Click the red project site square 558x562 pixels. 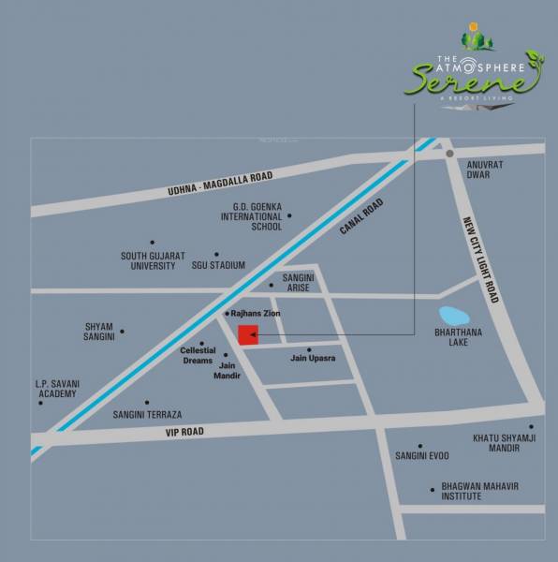pyautogui.click(x=248, y=335)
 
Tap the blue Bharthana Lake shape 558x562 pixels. pyautogui.click(x=452, y=316)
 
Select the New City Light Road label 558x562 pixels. pyautogui.click(x=480, y=259)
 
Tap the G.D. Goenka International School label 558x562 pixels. pyautogui.click(x=251, y=215)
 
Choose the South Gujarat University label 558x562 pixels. pyautogui.click(x=153, y=260)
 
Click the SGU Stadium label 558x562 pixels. pyautogui.click(x=219, y=265)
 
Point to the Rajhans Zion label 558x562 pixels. pyautogui.click(x=255, y=313)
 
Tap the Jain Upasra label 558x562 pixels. pyautogui.click(x=313, y=358)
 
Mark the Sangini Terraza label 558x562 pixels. pyautogui.click(x=147, y=414)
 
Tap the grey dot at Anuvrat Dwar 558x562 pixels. pyautogui.click(x=449, y=154)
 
